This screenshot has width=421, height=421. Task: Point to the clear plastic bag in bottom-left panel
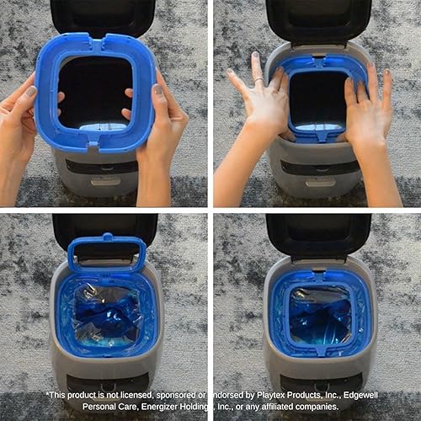click(105, 307)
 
